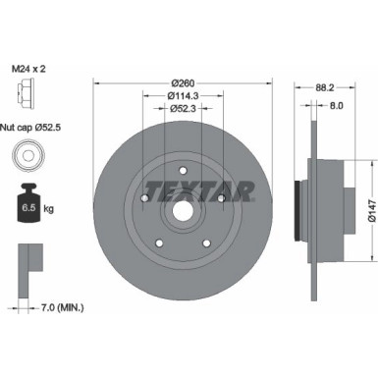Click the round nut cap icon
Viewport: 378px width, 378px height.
point(26,156)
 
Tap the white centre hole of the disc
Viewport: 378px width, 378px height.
point(183,209)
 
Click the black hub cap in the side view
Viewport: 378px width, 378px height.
point(299,206)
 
